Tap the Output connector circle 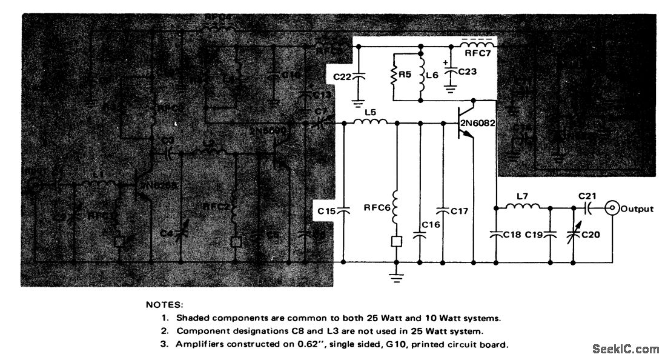click(613, 208)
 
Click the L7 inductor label click(524, 198)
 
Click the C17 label click(460, 211)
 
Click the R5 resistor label click(403, 77)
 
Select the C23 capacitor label click(468, 72)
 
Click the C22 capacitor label click(343, 76)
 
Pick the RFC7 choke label click(478, 53)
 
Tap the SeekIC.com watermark click(625, 349)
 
